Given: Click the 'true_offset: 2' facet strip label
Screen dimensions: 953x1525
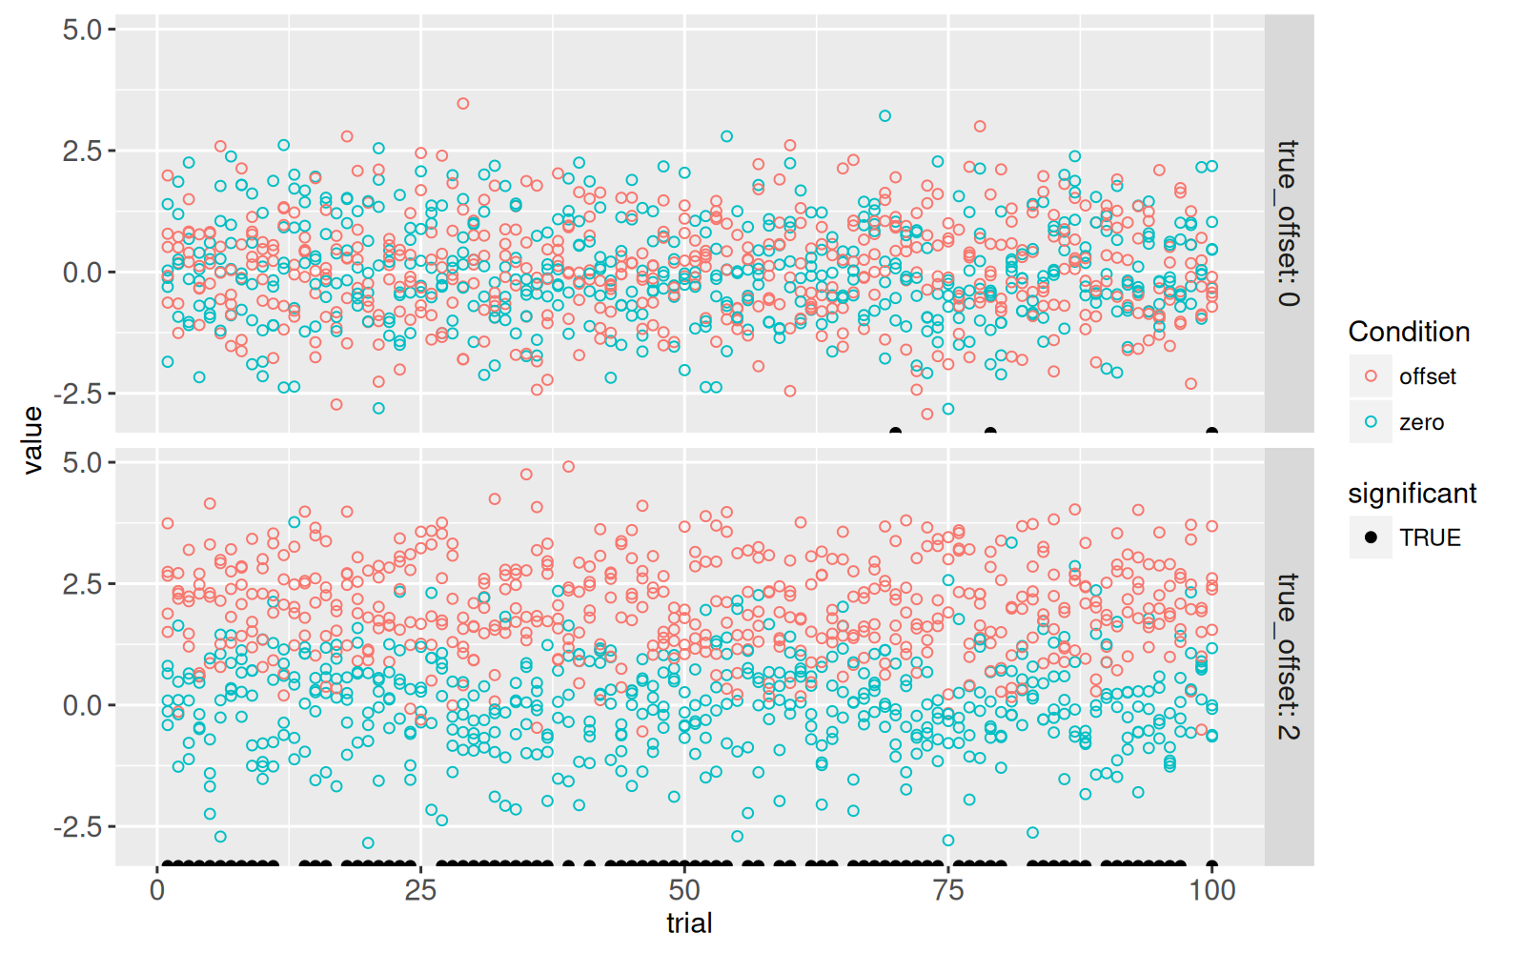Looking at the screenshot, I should tap(1288, 656).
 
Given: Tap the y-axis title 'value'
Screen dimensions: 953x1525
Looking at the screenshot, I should tap(33, 440).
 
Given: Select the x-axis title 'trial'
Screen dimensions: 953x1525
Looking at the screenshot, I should tap(689, 923).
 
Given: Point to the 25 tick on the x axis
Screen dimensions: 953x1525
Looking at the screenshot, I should tap(420, 890).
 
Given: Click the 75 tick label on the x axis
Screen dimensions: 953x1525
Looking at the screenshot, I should tap(948, 890).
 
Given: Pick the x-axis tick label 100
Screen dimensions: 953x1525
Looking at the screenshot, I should tap(1211, 890).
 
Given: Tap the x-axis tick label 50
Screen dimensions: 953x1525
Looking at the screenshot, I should tap(684, 890).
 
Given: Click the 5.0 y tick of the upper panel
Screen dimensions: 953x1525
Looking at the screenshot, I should tap(82, 30).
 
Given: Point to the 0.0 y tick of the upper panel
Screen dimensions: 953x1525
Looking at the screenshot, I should tap(82, 273).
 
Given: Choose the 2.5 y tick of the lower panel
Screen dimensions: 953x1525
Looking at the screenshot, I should tap(82, 583).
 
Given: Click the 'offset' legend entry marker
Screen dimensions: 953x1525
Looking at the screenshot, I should tap(1371, 376).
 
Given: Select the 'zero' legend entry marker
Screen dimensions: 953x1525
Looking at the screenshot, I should tap(1371, 422).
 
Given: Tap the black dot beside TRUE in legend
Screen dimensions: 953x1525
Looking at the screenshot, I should tap(1371, 537).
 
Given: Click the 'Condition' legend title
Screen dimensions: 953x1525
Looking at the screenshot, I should tap(1409, 332).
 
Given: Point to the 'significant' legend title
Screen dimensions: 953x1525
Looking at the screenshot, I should tap(1412, 494).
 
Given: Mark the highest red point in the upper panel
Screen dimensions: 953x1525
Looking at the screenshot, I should tap(463, 104).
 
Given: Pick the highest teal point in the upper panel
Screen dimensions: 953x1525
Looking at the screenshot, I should tap(884, 116).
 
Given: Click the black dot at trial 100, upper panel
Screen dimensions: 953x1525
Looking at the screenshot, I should tap(1211, 432).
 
